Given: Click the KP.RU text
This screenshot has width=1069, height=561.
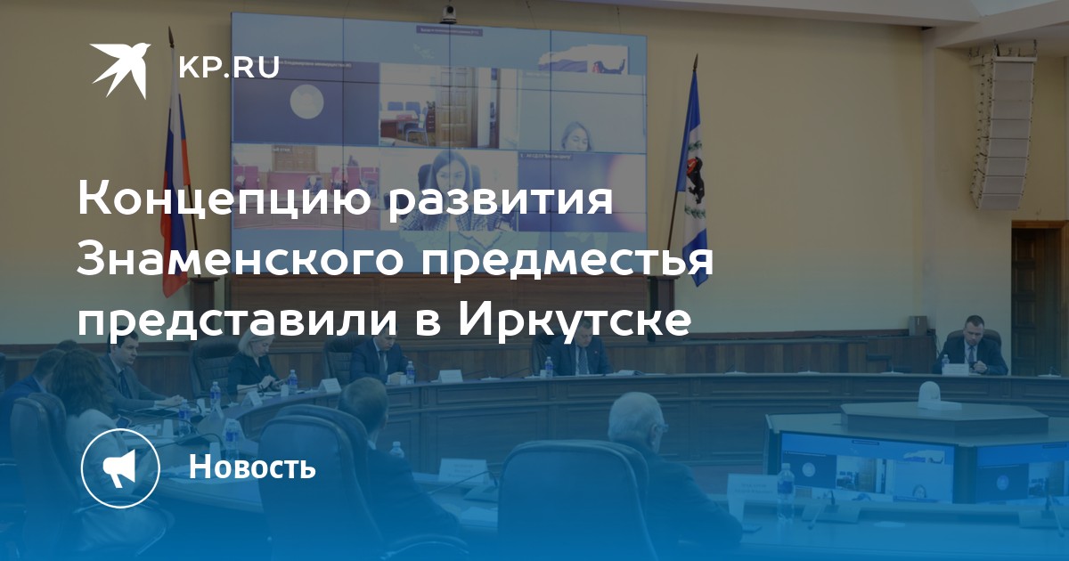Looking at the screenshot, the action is click(x=229, y=68).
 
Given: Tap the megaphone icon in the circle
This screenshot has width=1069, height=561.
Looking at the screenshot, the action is click(x=119, y=469).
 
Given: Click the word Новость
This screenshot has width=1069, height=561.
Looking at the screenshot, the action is click(x=252, y=467).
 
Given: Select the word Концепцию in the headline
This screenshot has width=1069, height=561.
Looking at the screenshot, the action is click(x=225, y=199).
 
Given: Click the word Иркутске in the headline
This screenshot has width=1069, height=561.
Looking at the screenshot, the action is click(x=574, y=319).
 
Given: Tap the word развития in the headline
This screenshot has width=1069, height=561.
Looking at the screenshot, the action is click(x=499, y=201).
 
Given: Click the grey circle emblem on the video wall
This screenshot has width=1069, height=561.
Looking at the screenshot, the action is click(x=307, y=102).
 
